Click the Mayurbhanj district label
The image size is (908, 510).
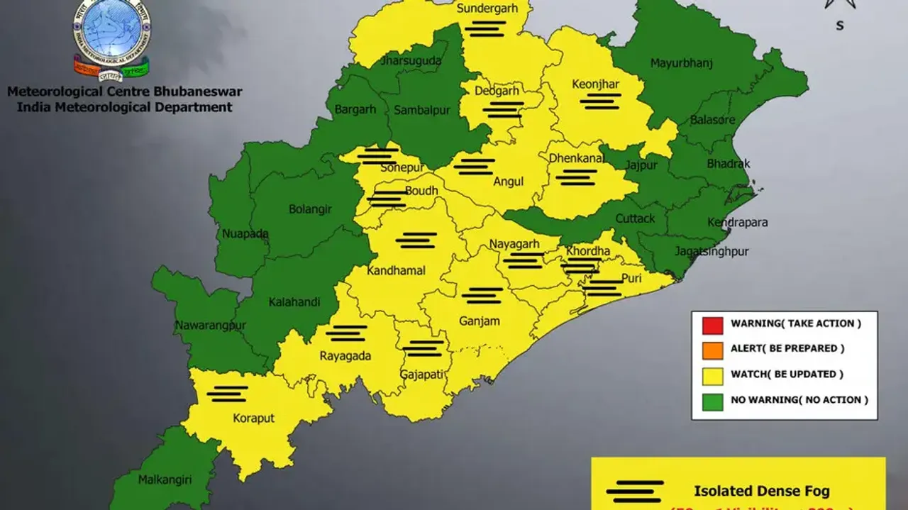point(680,64)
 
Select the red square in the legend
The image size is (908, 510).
point(712,324)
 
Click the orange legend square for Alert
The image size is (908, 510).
point(712,350)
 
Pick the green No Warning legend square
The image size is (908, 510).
point(712,401)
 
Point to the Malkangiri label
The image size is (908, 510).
point(165,479)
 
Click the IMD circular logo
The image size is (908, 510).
point(111,32)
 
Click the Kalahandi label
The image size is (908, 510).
point(294,302)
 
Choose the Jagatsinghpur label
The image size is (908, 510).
point(712,252)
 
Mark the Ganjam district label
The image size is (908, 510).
point(479,321)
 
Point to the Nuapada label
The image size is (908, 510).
point(245,234)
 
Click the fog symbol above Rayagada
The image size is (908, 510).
point(346,333)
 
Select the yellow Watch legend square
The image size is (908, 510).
point(712,375)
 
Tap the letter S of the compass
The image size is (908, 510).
point(840,26)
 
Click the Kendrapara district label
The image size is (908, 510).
point(737,223)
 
